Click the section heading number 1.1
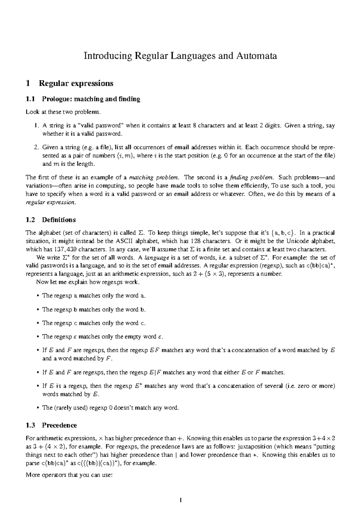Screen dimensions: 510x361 (x=30, y=99)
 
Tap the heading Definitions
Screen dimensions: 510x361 (x=59, y=220)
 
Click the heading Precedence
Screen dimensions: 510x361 (x=59, y=425)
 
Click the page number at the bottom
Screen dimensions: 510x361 (x=180, y=500)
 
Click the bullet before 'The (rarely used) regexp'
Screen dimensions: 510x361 (x=38, y=408)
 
